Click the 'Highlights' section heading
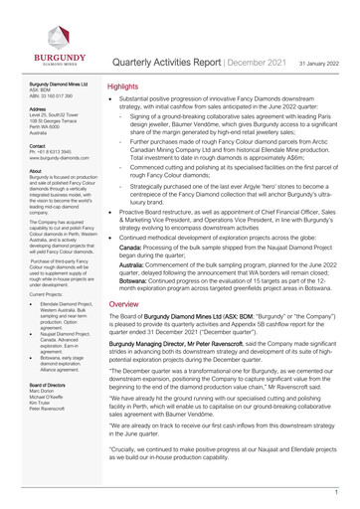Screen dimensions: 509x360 126,87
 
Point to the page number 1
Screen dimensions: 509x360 337,491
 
